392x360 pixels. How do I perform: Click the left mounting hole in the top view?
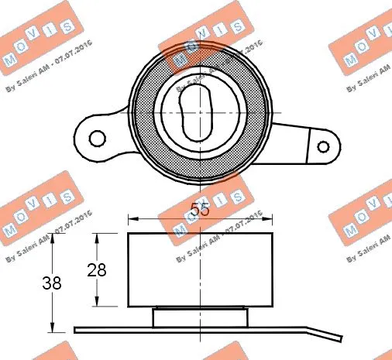coord(97,138)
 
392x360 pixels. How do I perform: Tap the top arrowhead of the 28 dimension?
coord(97,237)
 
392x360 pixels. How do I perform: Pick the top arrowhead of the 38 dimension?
coord(53,237)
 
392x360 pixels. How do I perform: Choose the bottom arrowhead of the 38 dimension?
coord(53,327)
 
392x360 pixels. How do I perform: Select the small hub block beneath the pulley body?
coord(200,317)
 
